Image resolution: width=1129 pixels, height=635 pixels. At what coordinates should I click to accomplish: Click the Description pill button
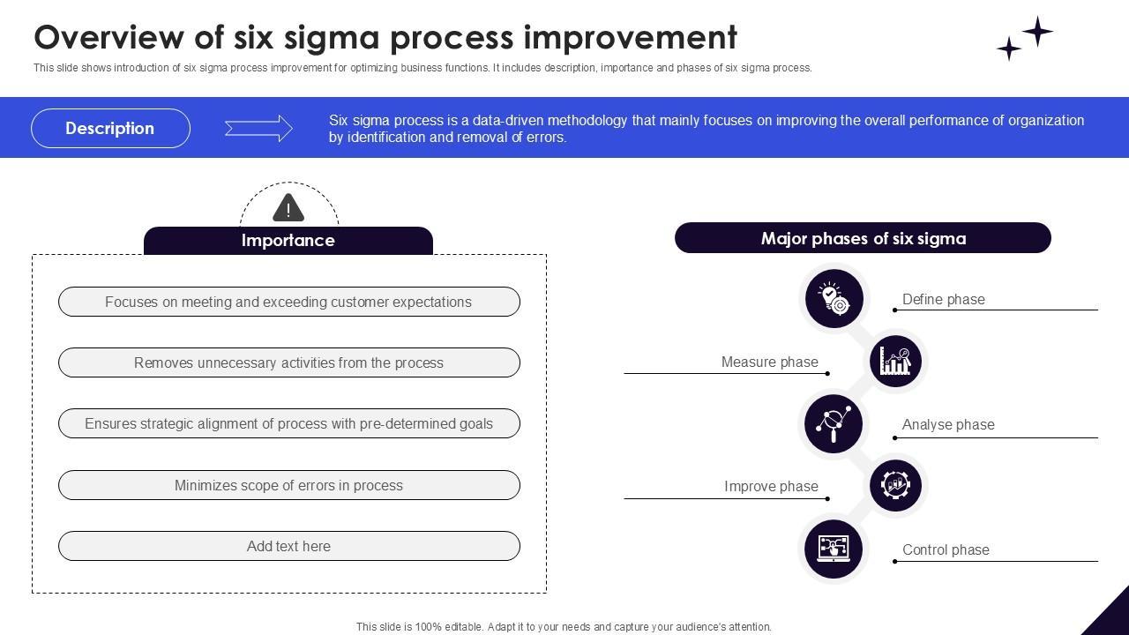[x=110, y=128]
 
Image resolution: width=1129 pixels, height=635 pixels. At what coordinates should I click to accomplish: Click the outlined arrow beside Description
[x=258, y=129]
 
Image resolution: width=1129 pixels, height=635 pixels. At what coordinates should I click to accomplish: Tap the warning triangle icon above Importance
[x=288, y=209]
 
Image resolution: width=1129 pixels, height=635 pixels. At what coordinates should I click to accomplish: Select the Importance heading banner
[x=288, y=241]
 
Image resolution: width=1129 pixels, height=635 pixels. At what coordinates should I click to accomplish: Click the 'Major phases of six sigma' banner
[x=863, y=238]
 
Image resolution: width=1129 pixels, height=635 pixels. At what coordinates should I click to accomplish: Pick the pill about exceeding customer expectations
[x=288, y=302]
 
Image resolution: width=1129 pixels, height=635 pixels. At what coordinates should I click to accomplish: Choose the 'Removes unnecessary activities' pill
[x=288, y=362]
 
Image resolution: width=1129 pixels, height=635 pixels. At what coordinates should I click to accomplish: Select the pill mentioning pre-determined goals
[x=288, y=424]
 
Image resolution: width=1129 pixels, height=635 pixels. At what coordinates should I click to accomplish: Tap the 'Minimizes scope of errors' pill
[x=288, y=485]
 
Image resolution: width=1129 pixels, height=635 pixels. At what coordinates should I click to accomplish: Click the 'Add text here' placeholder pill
[x=288, y=546]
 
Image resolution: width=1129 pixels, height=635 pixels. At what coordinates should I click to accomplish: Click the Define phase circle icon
[x=834, y=298]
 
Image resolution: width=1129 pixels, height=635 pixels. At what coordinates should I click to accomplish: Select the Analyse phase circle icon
[x=834, y=423]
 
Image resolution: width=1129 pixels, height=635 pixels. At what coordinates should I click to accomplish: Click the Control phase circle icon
[x=834, y=549]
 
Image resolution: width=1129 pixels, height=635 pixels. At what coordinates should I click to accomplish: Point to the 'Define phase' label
[x=943, y=299]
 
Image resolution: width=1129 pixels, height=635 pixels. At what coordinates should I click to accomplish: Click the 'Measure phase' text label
[x=769, y=362]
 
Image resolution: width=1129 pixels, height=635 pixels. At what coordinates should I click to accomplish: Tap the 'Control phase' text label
[x=946, y=549]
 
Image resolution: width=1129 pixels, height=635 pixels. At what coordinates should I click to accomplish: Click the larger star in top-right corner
[x=1038, y=31]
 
